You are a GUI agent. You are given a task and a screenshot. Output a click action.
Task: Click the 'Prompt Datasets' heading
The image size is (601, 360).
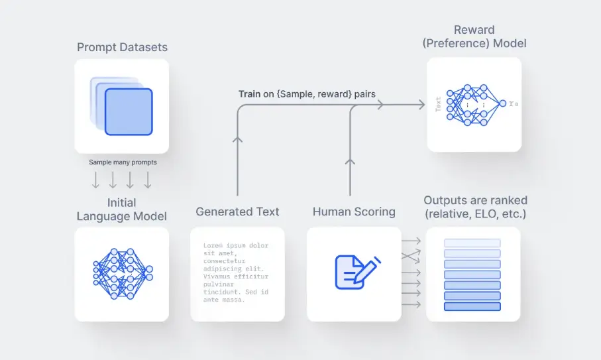click(122, 47)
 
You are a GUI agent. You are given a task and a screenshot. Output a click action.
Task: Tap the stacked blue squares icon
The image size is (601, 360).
click(123, 106)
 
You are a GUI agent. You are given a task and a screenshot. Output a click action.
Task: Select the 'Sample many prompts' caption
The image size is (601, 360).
click(122, 162)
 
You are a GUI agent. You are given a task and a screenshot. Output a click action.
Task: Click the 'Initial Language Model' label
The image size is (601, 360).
click(122, 210)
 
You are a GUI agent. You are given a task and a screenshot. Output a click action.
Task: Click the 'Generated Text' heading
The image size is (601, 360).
click(237, 212)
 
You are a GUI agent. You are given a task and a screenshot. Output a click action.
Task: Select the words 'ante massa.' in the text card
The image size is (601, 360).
click(224, 300)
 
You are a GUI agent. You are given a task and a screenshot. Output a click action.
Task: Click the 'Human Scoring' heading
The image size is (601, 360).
click(354, 212)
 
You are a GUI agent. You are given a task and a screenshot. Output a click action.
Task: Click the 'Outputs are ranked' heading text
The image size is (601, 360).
click(475, 200)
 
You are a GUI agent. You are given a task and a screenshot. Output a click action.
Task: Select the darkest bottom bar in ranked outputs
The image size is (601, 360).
click(472, 306)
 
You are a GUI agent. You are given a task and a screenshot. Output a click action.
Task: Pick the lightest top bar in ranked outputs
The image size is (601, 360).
click(472, 243)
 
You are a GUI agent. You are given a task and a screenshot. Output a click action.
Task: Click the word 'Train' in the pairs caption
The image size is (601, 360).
click(250, 94)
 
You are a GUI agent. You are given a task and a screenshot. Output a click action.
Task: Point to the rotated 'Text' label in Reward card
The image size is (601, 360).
click(438, 105)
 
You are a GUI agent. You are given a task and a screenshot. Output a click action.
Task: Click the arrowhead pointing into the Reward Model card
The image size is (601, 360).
click(420, 105)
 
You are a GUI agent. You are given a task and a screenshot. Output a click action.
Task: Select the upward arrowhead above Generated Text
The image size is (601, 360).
click(237, 141)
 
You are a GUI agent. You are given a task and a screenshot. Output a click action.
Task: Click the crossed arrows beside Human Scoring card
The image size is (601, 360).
click(411, 255)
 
